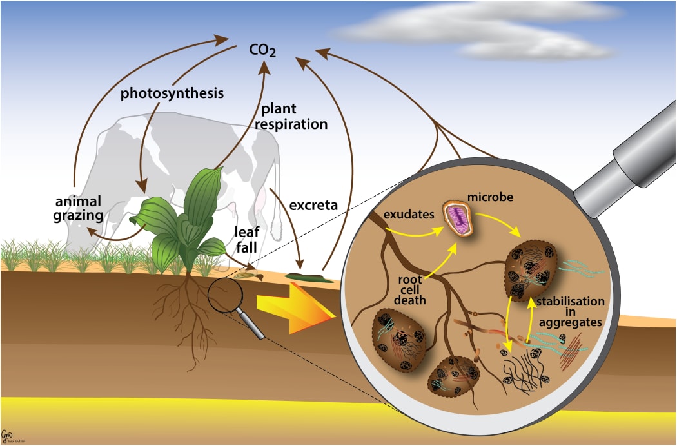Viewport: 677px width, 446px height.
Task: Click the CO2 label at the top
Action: tap(262, 49)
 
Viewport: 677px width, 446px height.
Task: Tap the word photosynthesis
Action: tap(172, 93)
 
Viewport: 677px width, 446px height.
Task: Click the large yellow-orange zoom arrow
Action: tap(295, 307)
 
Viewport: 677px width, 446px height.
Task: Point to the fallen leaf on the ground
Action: tap(248, 275)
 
